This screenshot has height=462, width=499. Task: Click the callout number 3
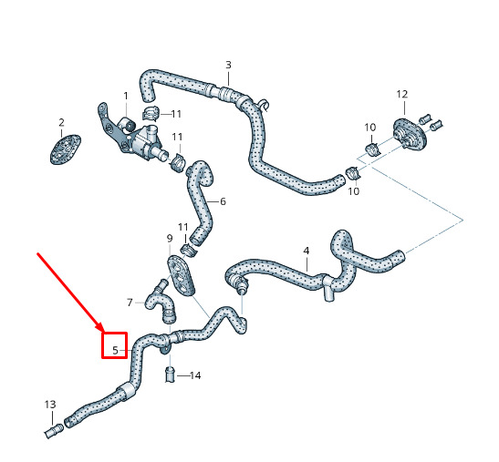point(228,65)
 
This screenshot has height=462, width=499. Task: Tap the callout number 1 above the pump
point(126,96)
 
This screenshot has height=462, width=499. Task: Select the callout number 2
point(61,122)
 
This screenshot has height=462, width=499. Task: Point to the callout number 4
point(307,251)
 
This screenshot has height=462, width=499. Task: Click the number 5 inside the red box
point(115,351)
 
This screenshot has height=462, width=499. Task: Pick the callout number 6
point(223,201)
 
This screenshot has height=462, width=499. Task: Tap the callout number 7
point(130,303)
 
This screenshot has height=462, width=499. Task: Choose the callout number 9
point(170,238)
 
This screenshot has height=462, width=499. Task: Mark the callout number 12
point(402,94)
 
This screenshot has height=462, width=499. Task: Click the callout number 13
point(50,405)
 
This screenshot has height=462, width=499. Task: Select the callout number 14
point(195,375)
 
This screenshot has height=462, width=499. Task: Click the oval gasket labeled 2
point(66,149)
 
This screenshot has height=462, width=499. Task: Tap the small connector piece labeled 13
point(54,430)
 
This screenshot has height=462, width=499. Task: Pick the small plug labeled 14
point(171,374)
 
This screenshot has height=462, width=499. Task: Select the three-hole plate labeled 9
point(181,276)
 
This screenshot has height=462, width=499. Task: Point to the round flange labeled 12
point(410,135)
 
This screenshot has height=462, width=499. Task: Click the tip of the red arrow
point(102,332)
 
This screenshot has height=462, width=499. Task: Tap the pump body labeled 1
point(140,140)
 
